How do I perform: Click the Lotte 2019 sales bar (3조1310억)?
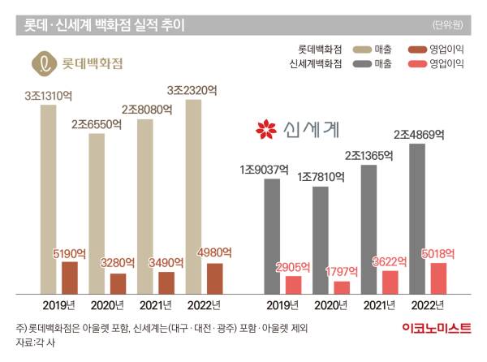49,195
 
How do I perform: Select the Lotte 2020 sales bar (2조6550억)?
97,211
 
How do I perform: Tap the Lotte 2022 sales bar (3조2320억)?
192,191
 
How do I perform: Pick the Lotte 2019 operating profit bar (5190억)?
70,277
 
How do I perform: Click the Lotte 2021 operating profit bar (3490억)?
166,282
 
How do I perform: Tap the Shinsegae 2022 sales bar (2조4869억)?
416,215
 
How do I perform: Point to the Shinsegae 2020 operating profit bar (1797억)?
342,287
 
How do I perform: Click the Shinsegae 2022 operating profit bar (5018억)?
438,277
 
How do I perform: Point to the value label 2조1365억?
368,154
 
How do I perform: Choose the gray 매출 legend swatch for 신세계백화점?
361,62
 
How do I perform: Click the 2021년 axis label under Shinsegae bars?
379,304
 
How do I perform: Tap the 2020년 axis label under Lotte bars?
108,304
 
